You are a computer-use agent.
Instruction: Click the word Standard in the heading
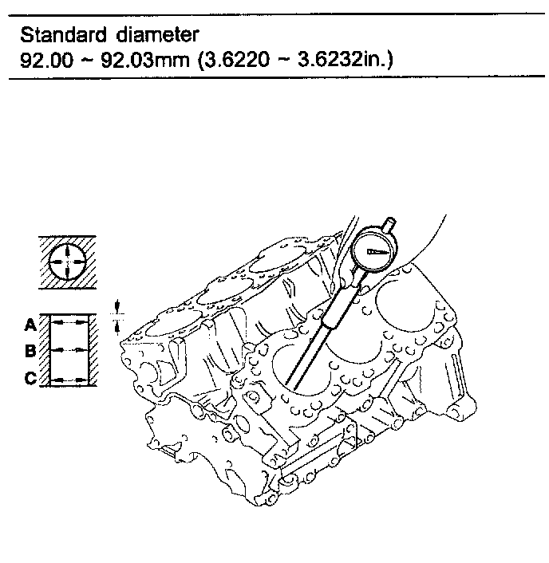click(58, 35)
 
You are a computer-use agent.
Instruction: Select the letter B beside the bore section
click(30, 351)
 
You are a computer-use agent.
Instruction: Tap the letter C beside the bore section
click(30, 378)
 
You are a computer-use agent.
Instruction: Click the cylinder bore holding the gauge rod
click(311, 371)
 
